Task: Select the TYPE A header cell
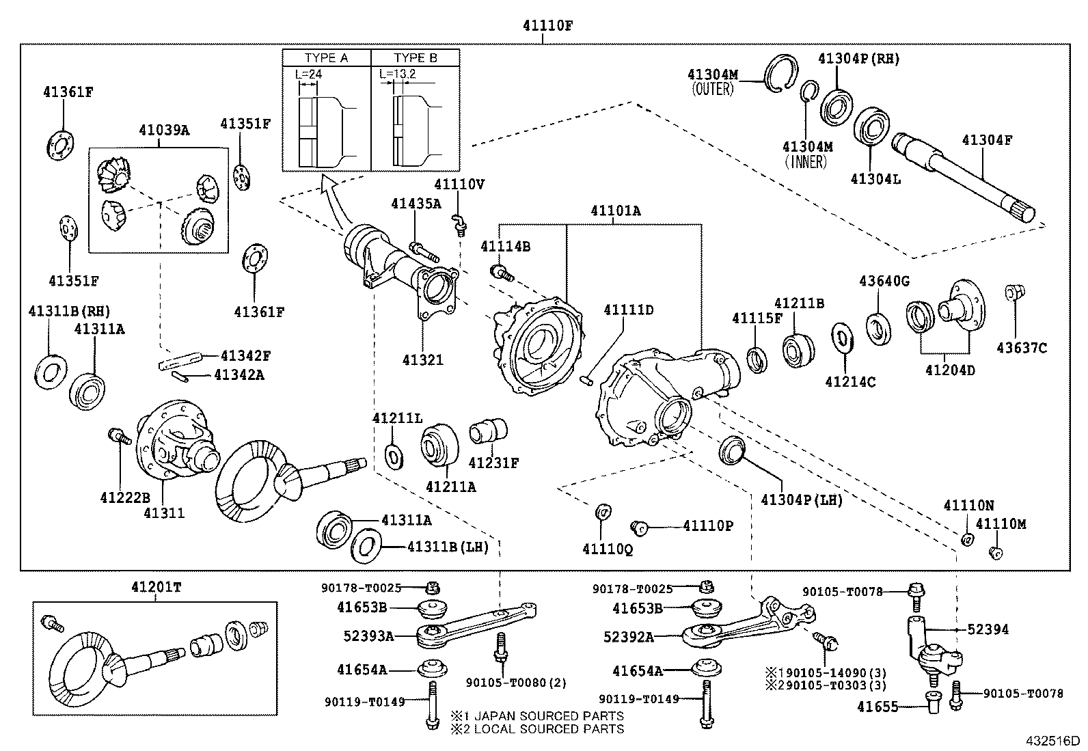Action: [326, 58]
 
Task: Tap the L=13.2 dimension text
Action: [398, 73]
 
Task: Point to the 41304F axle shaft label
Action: [987, 141]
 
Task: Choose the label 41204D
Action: [950, 370]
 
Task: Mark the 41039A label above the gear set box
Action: [164, 130]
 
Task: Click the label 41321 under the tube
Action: [422, 359]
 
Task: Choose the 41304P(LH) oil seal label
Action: [801, 500]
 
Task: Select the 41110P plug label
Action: [708, 525]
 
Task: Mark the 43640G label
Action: [884, 281]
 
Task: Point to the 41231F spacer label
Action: [493, 463]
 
